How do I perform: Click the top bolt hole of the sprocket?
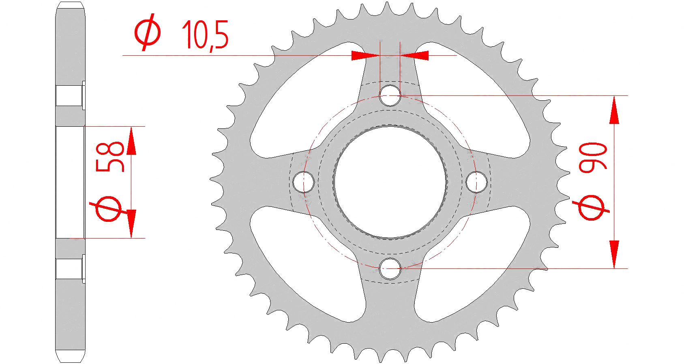coord(390,96)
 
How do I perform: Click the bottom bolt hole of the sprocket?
coord(390,268)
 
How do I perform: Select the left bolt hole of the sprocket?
coord(304,182)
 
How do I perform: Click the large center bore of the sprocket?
coord(390,182)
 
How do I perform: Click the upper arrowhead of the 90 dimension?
coord(614,110)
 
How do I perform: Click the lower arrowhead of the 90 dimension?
coord(614,254)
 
